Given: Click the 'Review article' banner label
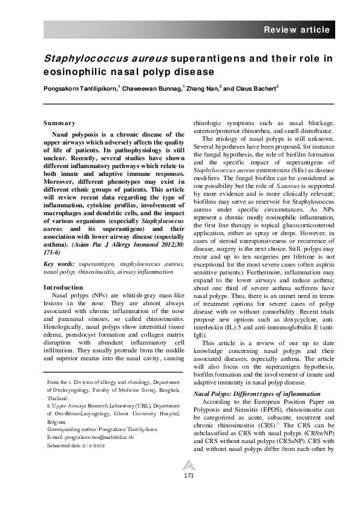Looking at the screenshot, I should (296, 30).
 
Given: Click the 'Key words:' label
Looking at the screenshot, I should (62, 264).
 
